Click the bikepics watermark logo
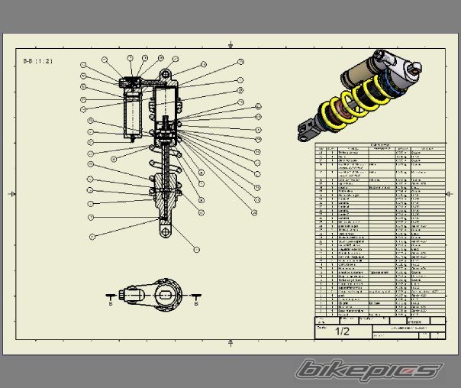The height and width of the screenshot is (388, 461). [x=370, y=369]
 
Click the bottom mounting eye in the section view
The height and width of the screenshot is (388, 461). [x=165, y=231]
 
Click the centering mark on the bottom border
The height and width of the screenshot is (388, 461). [x=229, y=344]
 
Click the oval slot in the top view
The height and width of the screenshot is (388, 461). [x=165, y=292]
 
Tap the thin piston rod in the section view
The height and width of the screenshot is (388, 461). [x=165, y=168]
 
